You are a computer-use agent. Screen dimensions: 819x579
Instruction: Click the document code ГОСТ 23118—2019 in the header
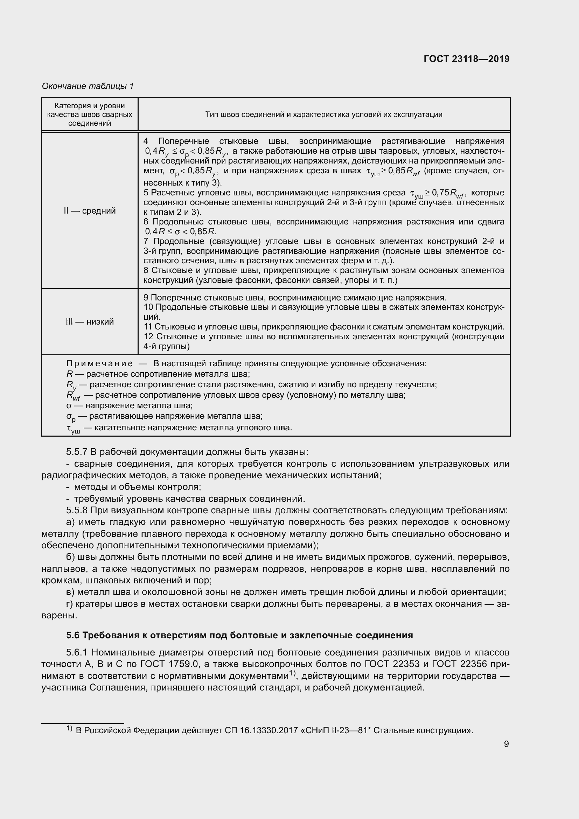(x=466, y=59)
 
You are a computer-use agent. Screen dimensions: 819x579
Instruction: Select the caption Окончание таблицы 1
(x=88, y=86)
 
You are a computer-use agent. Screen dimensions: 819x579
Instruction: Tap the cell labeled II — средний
(x=90, y=211)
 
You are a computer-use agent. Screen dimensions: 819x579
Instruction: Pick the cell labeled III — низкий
(x=90, y=322)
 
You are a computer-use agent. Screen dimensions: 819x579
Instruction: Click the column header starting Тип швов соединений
(x=323, y=114)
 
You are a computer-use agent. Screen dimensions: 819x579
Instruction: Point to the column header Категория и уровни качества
(x=90, y=114)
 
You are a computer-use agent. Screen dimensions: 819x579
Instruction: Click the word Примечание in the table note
(x=99, y=363)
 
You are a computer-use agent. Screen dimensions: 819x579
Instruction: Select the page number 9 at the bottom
(x=506, y=744)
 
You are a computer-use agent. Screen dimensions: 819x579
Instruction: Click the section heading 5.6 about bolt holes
(x=239, y=635)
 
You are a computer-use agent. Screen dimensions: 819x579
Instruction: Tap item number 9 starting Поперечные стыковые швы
(x=146, y=298)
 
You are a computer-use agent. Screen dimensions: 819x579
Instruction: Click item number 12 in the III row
(x=148, y=336)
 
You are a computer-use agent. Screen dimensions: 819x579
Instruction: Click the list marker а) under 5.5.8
(x=71, y=522)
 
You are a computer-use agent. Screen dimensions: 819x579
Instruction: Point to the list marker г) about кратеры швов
(x=70, y=604)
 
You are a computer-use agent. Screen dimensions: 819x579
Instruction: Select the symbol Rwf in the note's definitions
(x=73, y=396)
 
